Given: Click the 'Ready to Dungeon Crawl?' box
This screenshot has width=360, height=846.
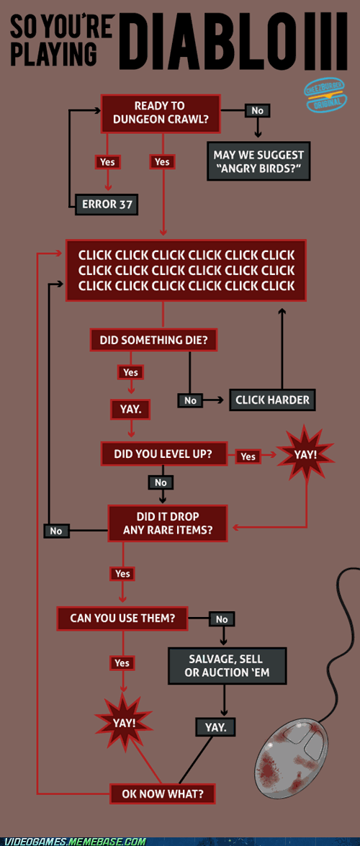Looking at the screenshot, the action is click(x=161, y=113).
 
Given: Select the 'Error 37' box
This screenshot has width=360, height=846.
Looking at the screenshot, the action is click(x=107, y=204).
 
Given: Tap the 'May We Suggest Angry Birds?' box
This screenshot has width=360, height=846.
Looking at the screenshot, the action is click(x=258, y=161).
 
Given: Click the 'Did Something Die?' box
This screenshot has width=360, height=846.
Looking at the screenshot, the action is click(x=154, y=341).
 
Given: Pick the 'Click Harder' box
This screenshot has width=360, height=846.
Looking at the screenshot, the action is click(x=272, y=400).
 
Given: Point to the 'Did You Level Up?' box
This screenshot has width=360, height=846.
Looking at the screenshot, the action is click(x=163, y=454).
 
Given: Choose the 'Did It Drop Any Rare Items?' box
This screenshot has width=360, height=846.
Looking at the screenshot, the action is click(x=168, y=523).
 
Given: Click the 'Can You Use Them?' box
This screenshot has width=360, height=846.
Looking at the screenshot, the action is click(x=122, y=618).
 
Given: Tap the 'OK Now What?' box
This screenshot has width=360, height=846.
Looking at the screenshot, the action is click(x=163, y=793).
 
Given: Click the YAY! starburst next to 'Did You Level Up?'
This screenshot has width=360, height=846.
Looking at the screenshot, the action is click(x=306, y=454).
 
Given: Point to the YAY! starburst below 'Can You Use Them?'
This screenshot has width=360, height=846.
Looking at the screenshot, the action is click(x=125, y=722).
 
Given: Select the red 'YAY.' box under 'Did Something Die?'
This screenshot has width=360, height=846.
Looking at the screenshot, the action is click(x=130, y=410).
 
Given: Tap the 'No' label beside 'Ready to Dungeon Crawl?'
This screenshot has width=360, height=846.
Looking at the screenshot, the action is click(x=258, y=110).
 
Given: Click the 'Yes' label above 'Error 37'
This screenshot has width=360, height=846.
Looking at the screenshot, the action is click(x=107, y=161).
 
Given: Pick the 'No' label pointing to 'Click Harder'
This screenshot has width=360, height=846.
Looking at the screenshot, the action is click(x=190, y=400).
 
